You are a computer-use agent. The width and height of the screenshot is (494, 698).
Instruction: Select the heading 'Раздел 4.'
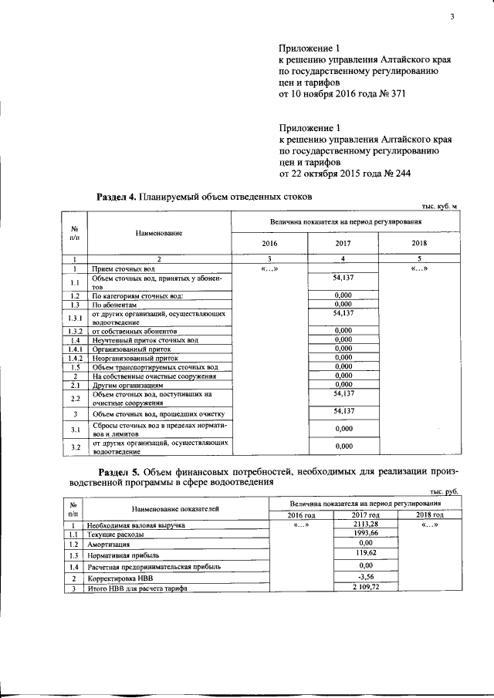pyautogui.click(x=116, y=197)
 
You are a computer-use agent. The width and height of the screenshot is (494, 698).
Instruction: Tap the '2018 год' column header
pyautogui.click(x=431, y=514)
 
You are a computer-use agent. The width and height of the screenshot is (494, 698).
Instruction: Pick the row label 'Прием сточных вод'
pyautogui.click(x=123, y=268)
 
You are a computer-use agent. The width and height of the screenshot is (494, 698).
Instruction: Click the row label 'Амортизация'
pyautogui.click(x=110, y=544)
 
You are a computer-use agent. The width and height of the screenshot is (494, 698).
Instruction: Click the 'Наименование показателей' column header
pyautogui.click(x=175, y=509)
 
